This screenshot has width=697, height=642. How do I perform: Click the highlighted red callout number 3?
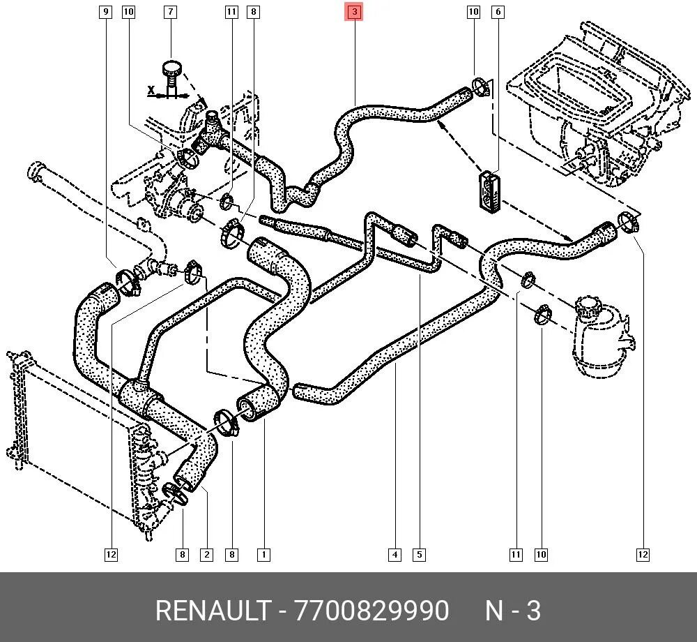click(x=355, y=12)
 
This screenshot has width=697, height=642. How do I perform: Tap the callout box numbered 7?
click(x=170, y=12)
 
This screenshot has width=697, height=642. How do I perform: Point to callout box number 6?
click(x=498, y=12)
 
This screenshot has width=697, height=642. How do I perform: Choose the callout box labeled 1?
click(x=263, y=555)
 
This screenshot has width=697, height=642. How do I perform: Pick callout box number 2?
click(x=206, y=555)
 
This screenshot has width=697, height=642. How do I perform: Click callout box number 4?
click(x=395, y=555)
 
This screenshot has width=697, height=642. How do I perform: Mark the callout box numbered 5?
click(x=419, y=555)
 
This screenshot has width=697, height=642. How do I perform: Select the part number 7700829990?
click(x=372, y=611)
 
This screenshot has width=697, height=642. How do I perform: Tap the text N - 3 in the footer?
click(x=512, y=611)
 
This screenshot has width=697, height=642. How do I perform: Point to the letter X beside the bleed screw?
click(x=151, y=90)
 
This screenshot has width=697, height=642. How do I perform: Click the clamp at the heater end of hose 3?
click(x=480, y=87)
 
